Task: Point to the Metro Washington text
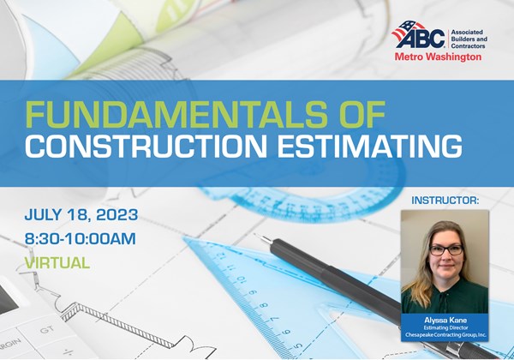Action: [x=438, y=57]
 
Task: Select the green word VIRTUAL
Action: [x=57, y=263]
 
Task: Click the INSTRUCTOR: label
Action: [x=445, y=201]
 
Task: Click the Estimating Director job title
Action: [x=445, y=325]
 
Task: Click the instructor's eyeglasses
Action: [x=446, y=249]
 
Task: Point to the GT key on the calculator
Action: [x=47, y=328]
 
